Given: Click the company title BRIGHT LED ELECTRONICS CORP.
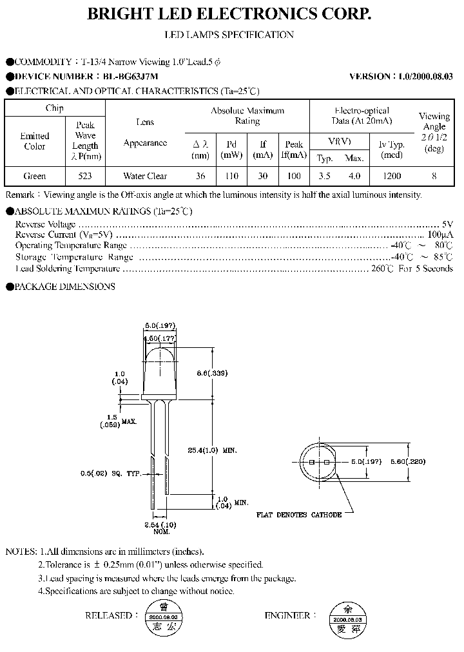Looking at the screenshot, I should point(229,14).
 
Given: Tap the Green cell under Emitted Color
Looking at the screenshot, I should point(35,176).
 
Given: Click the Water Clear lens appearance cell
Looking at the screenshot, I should point(145,176).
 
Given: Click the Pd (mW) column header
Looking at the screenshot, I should point(231,149).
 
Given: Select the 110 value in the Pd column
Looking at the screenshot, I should point(231,176).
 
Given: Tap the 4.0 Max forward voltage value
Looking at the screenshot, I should point(354,176).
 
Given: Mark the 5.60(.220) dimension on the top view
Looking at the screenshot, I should point(429,462).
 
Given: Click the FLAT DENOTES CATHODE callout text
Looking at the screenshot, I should point(298,515).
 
